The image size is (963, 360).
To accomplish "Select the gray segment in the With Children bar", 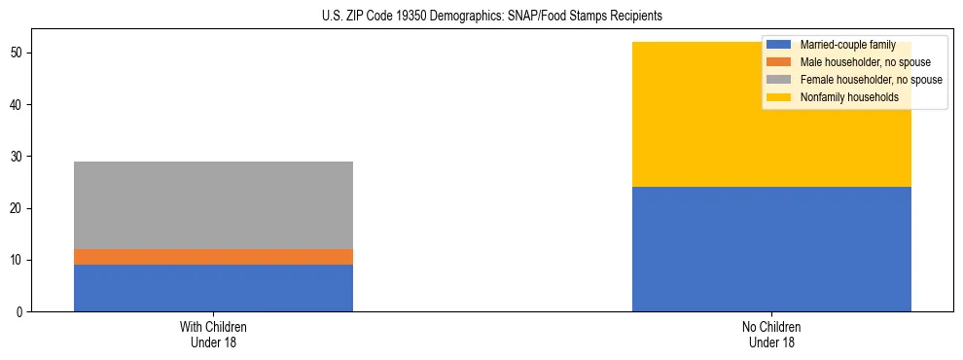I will (213, 204).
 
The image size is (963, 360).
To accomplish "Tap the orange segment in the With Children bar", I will (213, 257).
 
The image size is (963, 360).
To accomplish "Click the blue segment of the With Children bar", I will (213, 288).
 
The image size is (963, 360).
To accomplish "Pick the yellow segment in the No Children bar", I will (771, 126).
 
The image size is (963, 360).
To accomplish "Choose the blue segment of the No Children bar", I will (771, 249).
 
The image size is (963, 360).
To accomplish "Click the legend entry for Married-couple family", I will (847, 45).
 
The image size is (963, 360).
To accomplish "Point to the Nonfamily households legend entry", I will (842, 97).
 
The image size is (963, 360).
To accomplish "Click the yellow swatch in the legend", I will (779, 97).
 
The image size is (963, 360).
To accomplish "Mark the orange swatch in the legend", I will (779, 62).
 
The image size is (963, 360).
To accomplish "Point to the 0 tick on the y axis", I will (20, 312).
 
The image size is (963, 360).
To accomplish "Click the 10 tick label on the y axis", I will (18, 261).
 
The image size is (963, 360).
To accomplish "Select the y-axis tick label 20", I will (18, 208).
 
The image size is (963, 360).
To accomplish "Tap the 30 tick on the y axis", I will (18, 157).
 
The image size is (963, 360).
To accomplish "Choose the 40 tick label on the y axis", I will (18, 105).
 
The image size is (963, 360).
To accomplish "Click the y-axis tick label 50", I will (18, 53).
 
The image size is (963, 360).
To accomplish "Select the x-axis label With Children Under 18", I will (213, 334).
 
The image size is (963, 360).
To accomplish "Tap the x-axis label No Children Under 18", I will (771, 334).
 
